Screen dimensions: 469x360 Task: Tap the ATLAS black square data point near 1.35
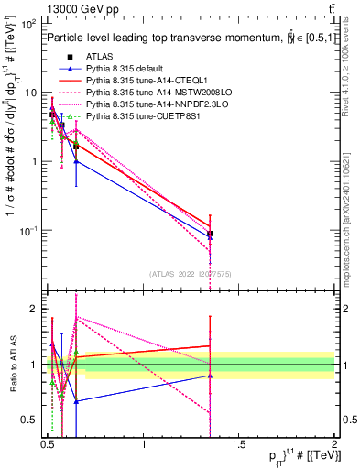point(210,234)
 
